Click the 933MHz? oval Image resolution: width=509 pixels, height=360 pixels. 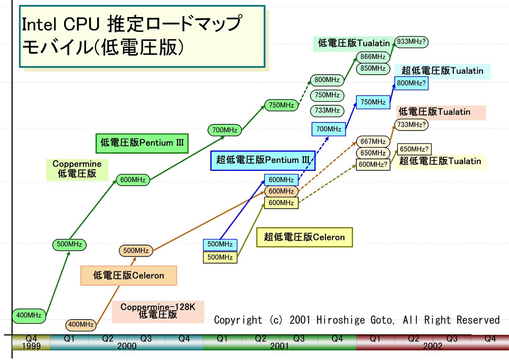click(x=411, y=42)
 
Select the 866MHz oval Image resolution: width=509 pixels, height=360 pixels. click(x=373, y=57)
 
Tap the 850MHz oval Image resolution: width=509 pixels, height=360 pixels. click(x=373, y=68)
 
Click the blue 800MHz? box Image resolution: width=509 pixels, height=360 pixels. click(x=411, y=83)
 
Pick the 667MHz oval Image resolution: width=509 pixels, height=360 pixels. click(x=373, y=141)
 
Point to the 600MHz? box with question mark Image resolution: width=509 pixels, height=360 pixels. click(x=373, y=164)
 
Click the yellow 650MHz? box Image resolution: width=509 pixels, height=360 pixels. click(x=414, y=149)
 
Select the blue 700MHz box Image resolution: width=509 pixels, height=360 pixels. click(x=328, y=129)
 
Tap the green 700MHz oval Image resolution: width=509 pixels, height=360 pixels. click(x=224, y=130)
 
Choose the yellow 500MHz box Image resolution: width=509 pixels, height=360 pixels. click(x=220, y=257)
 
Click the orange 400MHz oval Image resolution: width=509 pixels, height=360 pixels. click(x=81, y=324)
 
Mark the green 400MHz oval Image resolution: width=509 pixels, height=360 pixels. click(x=29, y=315)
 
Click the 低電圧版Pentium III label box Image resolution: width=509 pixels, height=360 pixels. click(x=142, y=143)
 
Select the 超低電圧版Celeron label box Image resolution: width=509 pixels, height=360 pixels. click(x=304, y=237)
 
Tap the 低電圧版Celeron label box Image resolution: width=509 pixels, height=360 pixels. click(x=129, y=276)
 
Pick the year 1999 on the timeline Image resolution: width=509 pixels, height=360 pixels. click(x=31, y=346)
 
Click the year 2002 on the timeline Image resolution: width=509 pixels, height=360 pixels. click(x=432, y=346)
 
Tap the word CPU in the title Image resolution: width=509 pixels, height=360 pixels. click(x=81, y=25)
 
